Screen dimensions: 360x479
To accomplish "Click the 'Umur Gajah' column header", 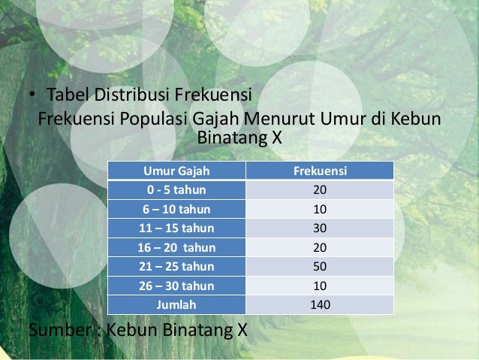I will [x=176, y=171].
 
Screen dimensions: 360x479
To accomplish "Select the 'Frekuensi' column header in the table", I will [x=319, y=171].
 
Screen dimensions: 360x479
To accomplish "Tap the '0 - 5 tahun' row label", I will [x=176, y=190].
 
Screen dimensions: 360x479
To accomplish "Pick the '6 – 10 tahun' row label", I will [x=176, y=209].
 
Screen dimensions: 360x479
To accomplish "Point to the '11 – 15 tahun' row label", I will [x=176, y=228].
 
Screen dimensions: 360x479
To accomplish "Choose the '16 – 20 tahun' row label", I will [x=176, y=247].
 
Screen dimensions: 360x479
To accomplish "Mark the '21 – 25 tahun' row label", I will [x=176, y=266].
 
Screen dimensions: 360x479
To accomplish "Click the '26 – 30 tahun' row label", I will [x=176, y=286].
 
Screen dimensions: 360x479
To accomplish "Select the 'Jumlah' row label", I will [x=176, y=304].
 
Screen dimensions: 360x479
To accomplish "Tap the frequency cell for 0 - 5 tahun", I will [x=319, y=190].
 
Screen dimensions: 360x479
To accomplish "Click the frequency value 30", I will [x=319, y=228].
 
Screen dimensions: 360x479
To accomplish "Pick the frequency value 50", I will [x=319, y=266].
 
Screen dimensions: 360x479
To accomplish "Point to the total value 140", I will [x=319, y=304].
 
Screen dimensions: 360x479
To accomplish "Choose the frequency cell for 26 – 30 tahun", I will [x=319, y=286].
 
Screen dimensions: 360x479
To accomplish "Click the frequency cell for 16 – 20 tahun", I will [x=319, y=247].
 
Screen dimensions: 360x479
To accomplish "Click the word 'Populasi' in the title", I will [x=146, y=120].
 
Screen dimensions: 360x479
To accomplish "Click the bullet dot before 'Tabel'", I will [x=32, y=98].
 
